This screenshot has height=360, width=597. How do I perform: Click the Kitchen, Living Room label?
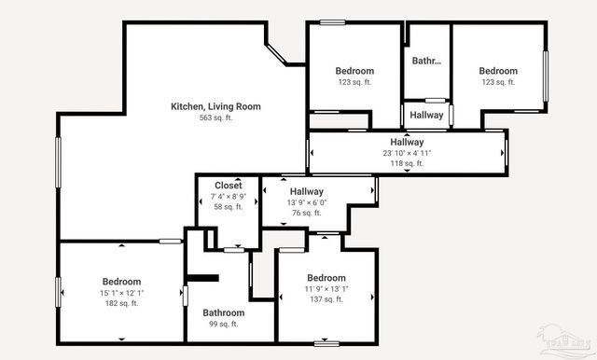pyautogui.click(x=215, y=106)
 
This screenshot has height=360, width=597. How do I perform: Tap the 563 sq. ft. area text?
pyautogui.click(x=215, y=118)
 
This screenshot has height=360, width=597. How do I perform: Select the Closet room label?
pyautogui.click(x=229, y=186)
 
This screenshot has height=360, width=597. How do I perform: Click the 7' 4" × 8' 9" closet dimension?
pyautogui.click(x=229, y=197)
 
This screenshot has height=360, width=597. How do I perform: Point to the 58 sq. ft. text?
pyautogui.click(x=229, y=207)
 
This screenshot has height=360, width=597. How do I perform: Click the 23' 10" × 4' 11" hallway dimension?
pyautogui.click(x=407, y=153)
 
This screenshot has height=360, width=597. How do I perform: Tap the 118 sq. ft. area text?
pyautogui.click(x=407, y=163)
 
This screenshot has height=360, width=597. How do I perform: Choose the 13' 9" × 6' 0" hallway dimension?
pyautogui.click(x=307, y=202)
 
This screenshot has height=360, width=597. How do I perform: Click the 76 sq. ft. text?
pyautogui.click(x=307, y=213)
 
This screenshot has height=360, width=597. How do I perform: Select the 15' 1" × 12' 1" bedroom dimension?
pyautogui.click(x=121, y=293)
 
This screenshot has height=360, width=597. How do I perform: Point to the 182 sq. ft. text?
pyautogui.click(x=121, y=303)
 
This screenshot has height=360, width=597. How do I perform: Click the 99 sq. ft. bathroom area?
pyautogui.click(x=224, y=325)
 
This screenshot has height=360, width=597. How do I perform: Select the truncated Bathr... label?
pyautogui.click(x=426, y=62)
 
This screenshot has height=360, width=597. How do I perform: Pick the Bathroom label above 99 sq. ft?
pyautogui.click(x=224, y=313)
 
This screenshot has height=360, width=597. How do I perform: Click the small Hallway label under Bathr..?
pyautogui.click(x=426, y=115)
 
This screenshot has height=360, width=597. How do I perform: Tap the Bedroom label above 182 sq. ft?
pyautogui.click(x=121, y=282)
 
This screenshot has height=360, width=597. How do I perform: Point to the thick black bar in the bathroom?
pyautogui.click(x=202, y=277)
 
